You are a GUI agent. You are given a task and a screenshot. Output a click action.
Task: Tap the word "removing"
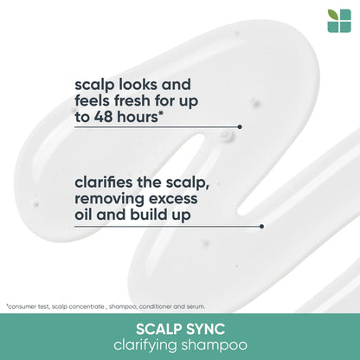pos(112,199)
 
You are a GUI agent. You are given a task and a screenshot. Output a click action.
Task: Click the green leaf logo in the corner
pos(339,21)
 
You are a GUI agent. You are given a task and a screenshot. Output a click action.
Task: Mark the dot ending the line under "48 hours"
pos(240,126)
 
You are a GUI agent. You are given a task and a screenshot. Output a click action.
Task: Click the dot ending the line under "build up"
pos(261,227)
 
